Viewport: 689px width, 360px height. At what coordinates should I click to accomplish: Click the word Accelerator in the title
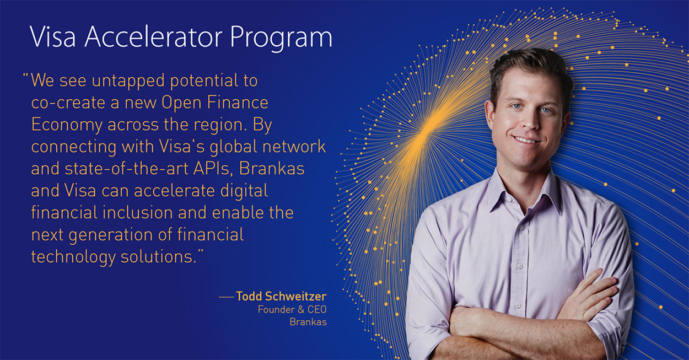153,37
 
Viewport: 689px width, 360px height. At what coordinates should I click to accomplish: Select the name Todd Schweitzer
281,296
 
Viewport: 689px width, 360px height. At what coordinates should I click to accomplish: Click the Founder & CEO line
292,309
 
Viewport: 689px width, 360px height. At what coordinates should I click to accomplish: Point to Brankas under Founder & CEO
308,322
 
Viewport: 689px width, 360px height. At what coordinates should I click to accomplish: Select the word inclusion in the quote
138,213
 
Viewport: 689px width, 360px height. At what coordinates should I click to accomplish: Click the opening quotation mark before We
25,76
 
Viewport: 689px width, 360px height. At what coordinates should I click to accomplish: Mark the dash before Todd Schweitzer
227,297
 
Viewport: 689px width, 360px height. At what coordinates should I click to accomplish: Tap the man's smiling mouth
526,139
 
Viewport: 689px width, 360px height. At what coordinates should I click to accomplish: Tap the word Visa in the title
52,37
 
